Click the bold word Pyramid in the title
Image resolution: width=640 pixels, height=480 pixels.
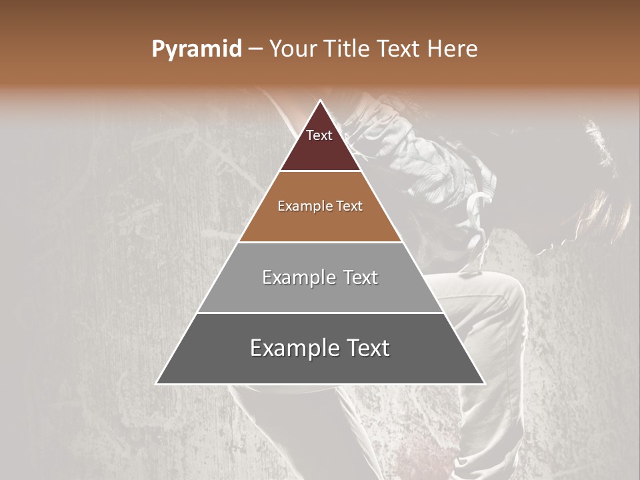(x=196, y=49)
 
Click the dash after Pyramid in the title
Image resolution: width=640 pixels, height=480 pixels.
(x=255, y=49)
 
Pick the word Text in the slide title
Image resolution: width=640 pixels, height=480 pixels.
(x=401, y=49)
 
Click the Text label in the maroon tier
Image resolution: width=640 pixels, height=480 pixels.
(x=319, y=135)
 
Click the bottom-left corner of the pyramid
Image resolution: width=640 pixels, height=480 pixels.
(x=157, y=383)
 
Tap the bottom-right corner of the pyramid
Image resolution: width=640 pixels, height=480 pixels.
(x=484, y=383)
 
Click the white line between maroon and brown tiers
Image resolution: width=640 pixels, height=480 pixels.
(x=321, y=171)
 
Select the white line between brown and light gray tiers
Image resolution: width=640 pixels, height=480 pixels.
(x=321, y=242)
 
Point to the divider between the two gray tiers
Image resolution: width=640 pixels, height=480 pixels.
(x=321, y=313)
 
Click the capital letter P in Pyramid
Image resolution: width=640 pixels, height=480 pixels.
(x=157, y=49)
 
